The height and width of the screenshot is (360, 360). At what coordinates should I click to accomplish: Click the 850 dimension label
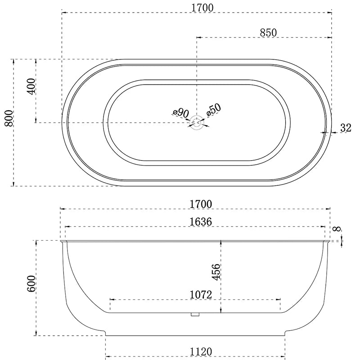[268, 32]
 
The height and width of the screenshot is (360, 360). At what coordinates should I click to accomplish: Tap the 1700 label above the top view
[202, 8]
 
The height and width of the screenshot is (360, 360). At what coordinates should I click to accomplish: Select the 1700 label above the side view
[201, 204]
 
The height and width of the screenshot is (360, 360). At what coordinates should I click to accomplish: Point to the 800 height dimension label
[9, 118]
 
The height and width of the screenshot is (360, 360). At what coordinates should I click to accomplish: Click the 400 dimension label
[31, 86]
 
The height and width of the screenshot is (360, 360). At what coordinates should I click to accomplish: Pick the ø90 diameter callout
[181, 113]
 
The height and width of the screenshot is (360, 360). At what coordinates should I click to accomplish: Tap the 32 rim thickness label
[346, 128]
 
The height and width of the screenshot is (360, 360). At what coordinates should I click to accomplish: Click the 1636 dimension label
[201, 222]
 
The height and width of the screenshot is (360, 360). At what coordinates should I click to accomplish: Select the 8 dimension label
[337, 229]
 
